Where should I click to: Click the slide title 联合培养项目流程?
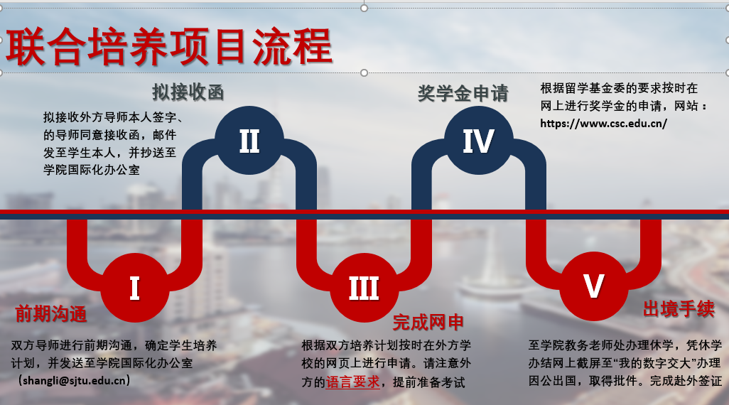[x=169, y=46]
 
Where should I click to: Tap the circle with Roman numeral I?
[x=135, y=288]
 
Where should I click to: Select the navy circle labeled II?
[x=249, y=141]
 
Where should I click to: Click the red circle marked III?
[x=364, y=288]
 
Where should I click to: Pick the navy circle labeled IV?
[x=479, y=141]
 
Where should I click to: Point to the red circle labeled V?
[x=594, y=286]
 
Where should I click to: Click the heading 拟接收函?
[x=188, y=92]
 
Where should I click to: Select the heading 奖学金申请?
[x=463, y=93]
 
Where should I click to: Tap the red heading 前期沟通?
[x=51, y=314]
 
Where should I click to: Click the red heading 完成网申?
[x=428, y=322]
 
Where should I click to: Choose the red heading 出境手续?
[x=679, y=309]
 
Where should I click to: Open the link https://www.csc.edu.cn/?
[x=603, y=123]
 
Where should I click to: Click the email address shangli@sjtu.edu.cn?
[x=75, y=380]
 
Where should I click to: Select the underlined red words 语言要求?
[x=353, y=382]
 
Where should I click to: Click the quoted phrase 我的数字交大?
[x=658, y=363]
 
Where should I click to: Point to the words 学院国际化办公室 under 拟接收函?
[x=92, y=170]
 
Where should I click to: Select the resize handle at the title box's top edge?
[x=364, y=8]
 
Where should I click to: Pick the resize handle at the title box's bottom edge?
[x=364, y=72]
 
